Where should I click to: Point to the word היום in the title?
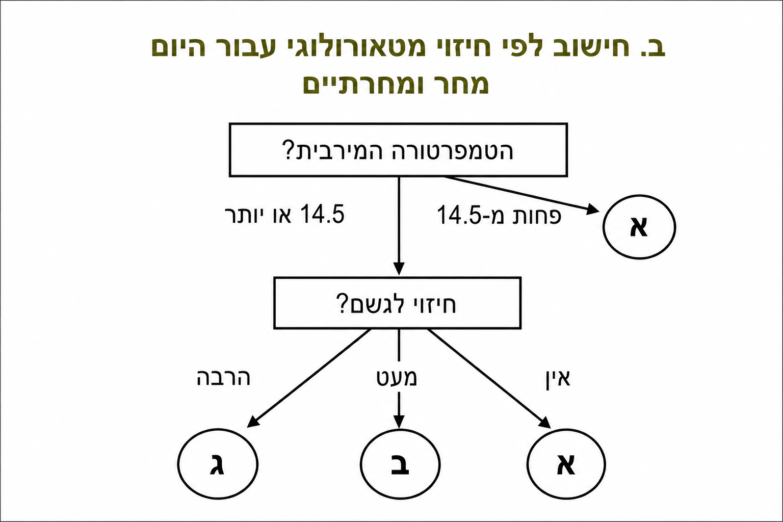(x=178, y=48)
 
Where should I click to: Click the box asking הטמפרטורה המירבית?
(x=398, y=150)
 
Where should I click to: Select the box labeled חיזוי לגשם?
(x=397, y=303)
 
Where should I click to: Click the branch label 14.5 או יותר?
(x=284, y=215)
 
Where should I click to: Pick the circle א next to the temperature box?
(x=639, y=227)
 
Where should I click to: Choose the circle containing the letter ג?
(x=218, y=464)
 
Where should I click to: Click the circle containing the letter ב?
(x=400, y=464)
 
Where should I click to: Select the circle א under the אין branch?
(x=566, y=464)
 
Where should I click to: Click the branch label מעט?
(x=397, y=378)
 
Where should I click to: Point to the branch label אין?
(x=558, y=378)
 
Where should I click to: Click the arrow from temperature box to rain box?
(x=399, y=224)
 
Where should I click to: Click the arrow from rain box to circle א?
(x=487, y=376)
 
